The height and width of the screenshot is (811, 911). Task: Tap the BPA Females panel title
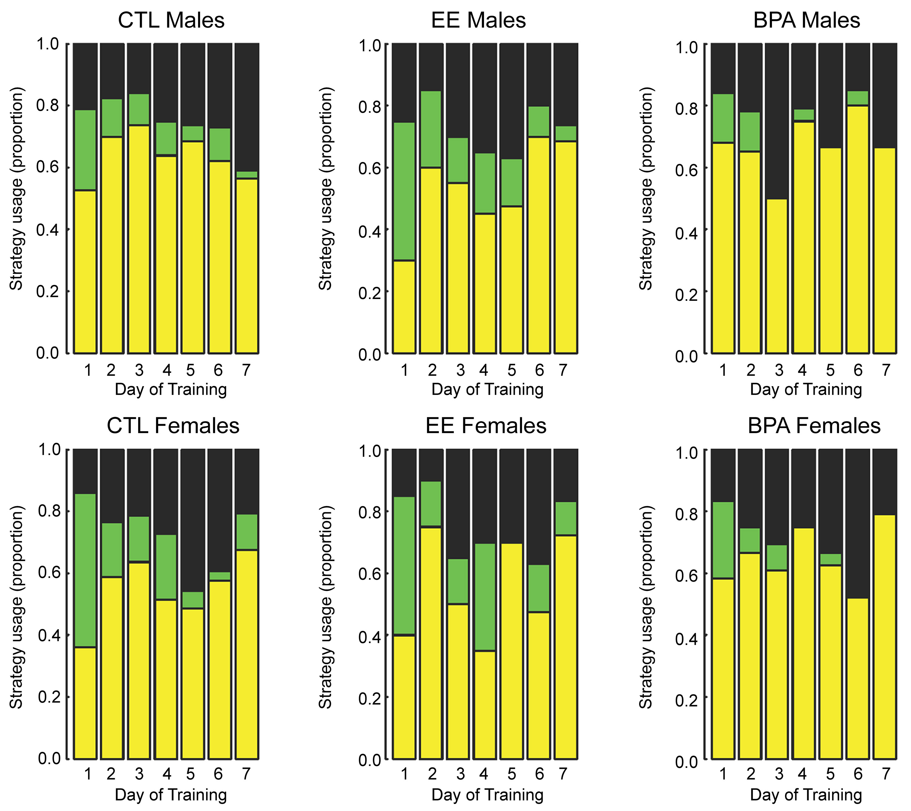(814, 426)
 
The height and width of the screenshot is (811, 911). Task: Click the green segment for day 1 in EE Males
(404, 192)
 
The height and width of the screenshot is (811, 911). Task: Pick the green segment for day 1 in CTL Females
(85, 570)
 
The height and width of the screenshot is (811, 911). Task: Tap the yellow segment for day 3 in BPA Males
(777, 276)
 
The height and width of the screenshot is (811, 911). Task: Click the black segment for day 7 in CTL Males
(247, 107)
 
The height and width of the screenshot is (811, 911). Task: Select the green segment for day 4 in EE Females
(484, 597)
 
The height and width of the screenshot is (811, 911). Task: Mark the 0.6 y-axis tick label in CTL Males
(48, 168)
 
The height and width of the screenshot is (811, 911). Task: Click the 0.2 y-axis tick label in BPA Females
(686, 700)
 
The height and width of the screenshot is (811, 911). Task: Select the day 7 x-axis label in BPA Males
(885, 370)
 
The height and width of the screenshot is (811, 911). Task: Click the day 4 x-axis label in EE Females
(484, 774)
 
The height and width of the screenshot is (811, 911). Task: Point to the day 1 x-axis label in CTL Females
(87, 774)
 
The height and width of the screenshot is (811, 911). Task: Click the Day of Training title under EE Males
(487, 389)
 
